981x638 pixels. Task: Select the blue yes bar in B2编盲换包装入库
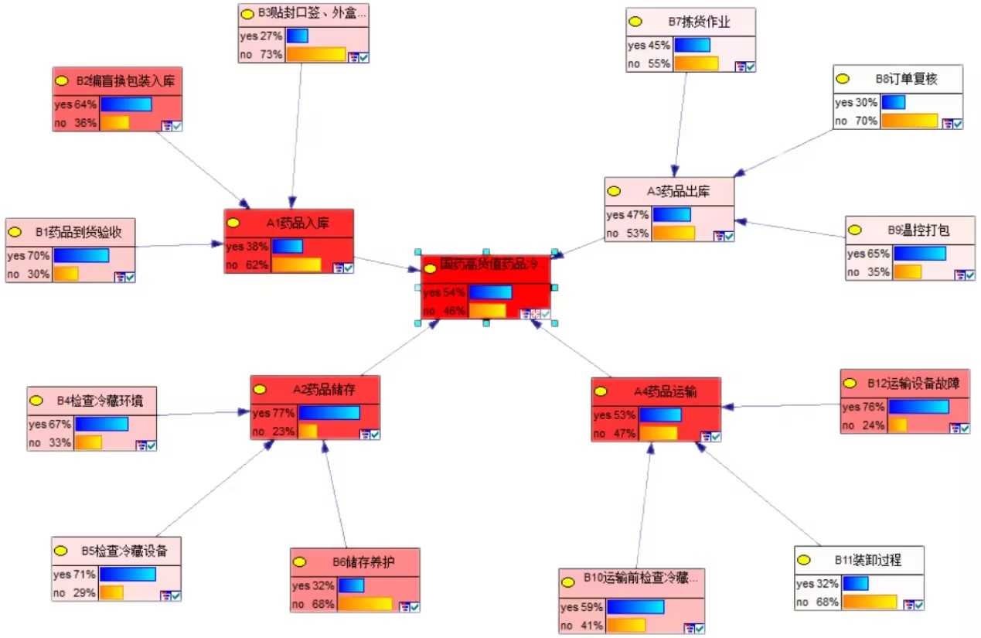(x=126, y=104)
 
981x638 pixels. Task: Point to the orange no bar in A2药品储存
(x=308, y=432)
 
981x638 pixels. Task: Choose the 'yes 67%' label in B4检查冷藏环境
(x=50, y=424)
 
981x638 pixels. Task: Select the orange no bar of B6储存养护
(x=365, y=603)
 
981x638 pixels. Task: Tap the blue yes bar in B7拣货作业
(x=692, y=45)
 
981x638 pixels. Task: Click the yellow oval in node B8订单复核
(x=843, y=78)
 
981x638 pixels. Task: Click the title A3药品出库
(x=678, y=191)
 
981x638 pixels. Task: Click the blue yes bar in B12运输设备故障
(x=918, y=407)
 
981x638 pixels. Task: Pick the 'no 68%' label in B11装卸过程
(x=817, y=602)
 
